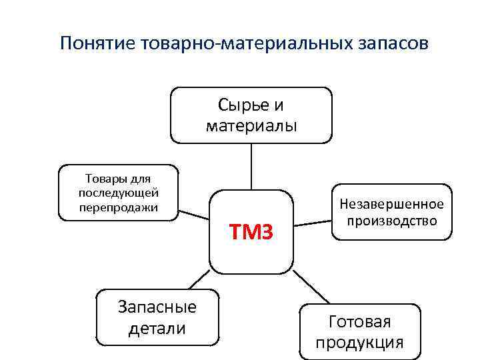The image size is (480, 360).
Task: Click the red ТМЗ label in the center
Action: click(251, 233)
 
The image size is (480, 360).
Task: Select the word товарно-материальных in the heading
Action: click(241, 44)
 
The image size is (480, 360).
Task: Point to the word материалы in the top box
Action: click(251, 125)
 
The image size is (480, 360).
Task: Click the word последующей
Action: click(117, 193)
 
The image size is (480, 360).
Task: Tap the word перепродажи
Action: click(117, 207)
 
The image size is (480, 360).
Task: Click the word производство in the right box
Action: click(391, 221)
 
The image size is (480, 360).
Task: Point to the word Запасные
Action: click(157, 307)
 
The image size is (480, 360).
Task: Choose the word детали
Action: click(157, 328)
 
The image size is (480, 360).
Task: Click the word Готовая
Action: click(360, 322)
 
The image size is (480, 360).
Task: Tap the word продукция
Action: click(360, 343)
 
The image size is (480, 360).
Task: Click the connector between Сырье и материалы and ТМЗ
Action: click(251, 167)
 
